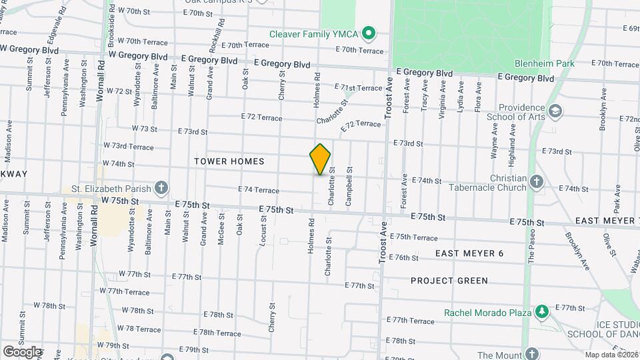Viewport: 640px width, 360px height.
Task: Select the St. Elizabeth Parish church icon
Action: point(161,189)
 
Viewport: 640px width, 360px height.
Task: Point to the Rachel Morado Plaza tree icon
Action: point(542,312)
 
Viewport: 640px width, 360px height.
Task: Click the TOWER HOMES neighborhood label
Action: point(229,161)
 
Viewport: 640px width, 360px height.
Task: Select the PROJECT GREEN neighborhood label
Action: point(449,281)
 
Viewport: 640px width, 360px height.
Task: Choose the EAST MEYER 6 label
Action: point(469,253)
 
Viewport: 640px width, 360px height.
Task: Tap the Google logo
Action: point(22,351)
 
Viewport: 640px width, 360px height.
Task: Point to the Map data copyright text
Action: point(612,355)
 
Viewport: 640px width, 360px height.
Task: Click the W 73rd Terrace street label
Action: point(128,146)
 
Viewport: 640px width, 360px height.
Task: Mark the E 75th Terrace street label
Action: point(413,237)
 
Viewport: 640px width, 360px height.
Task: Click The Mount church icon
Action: point(531,353)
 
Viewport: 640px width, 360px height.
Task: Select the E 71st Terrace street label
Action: point(361,87)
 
